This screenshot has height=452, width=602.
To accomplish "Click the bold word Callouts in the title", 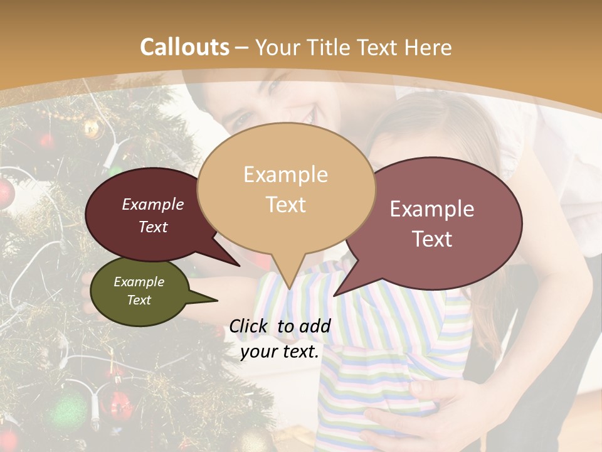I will [x=184, y=47].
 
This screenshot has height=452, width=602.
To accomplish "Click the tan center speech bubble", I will [x=286, y=188].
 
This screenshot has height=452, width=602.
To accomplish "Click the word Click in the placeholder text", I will [x=250, y=326].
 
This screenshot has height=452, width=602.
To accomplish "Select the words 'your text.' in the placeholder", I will [x=280, y=352].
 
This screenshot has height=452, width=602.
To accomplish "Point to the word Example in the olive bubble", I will [x=139, y=282].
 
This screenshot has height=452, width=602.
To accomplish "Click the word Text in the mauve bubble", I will [x=433, y=239].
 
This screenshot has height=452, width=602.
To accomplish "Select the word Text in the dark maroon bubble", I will [x=153, y=227].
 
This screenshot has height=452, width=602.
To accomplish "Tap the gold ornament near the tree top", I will [x=92, y=128].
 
